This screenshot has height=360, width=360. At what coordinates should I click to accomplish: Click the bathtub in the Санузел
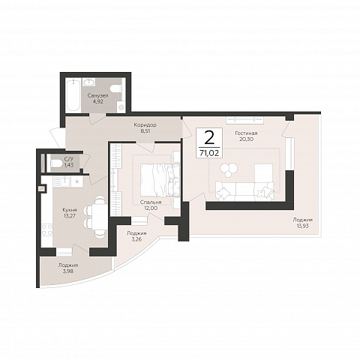coord(73,95)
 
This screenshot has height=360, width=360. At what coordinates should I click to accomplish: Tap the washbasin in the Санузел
coord(88,82)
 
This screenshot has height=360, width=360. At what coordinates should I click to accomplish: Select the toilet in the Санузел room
coord(116,88)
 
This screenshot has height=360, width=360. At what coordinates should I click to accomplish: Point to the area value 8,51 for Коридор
coord(145,130)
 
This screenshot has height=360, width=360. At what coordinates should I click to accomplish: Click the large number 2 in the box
coord(209,138)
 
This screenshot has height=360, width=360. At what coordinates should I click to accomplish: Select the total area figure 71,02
coord(209,152)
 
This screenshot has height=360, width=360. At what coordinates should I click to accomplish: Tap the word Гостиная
coord(246,133)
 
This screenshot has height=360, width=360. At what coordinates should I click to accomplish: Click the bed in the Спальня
coord(160,180)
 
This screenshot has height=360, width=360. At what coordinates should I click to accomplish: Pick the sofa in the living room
coord(245,191)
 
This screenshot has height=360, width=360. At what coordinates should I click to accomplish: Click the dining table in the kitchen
coord(100,217)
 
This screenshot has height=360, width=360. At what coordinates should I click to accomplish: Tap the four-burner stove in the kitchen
coord(46,229)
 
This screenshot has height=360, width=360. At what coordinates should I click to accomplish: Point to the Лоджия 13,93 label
coord(303,223)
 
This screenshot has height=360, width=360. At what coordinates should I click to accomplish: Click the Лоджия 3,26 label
coord(136,236)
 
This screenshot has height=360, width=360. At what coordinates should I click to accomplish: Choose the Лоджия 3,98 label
coord(68,268)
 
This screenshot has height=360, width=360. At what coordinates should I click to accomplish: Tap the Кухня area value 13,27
coord(70,216)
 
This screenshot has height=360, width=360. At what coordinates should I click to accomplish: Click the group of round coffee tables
coord(229,170)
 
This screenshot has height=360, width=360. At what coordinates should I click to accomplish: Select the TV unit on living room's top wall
coord(245,120)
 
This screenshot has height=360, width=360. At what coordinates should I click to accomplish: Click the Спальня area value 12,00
coord(151,208)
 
